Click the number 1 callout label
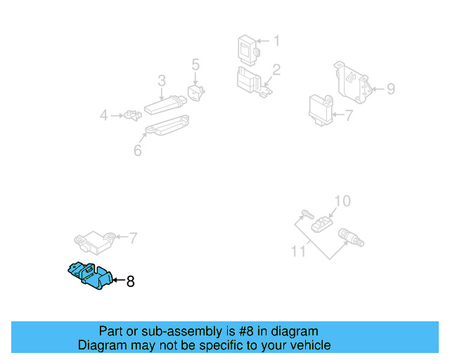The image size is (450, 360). point(276,41)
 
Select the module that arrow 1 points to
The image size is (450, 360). point(247,47)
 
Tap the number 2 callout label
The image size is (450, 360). point(276,70)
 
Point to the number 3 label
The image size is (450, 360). point(161,80)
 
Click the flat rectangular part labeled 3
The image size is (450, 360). point(164,108)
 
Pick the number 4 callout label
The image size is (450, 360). point(103,115)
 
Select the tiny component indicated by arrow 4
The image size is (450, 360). point(130,115)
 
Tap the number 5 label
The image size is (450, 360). point(195,65)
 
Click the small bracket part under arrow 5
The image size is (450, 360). point(195,92)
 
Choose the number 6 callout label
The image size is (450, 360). point(137,150)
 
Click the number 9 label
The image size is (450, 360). point(391,89)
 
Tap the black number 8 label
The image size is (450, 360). point(130,282)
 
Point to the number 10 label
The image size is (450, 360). point(341,202)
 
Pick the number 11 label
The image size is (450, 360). point(299,250)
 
